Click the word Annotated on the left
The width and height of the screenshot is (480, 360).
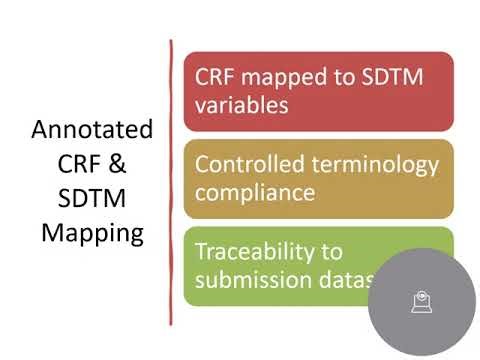tap(92, 130)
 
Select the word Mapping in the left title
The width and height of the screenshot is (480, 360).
tap(92, 234)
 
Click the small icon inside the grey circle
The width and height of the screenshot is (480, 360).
tap(421, 300)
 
